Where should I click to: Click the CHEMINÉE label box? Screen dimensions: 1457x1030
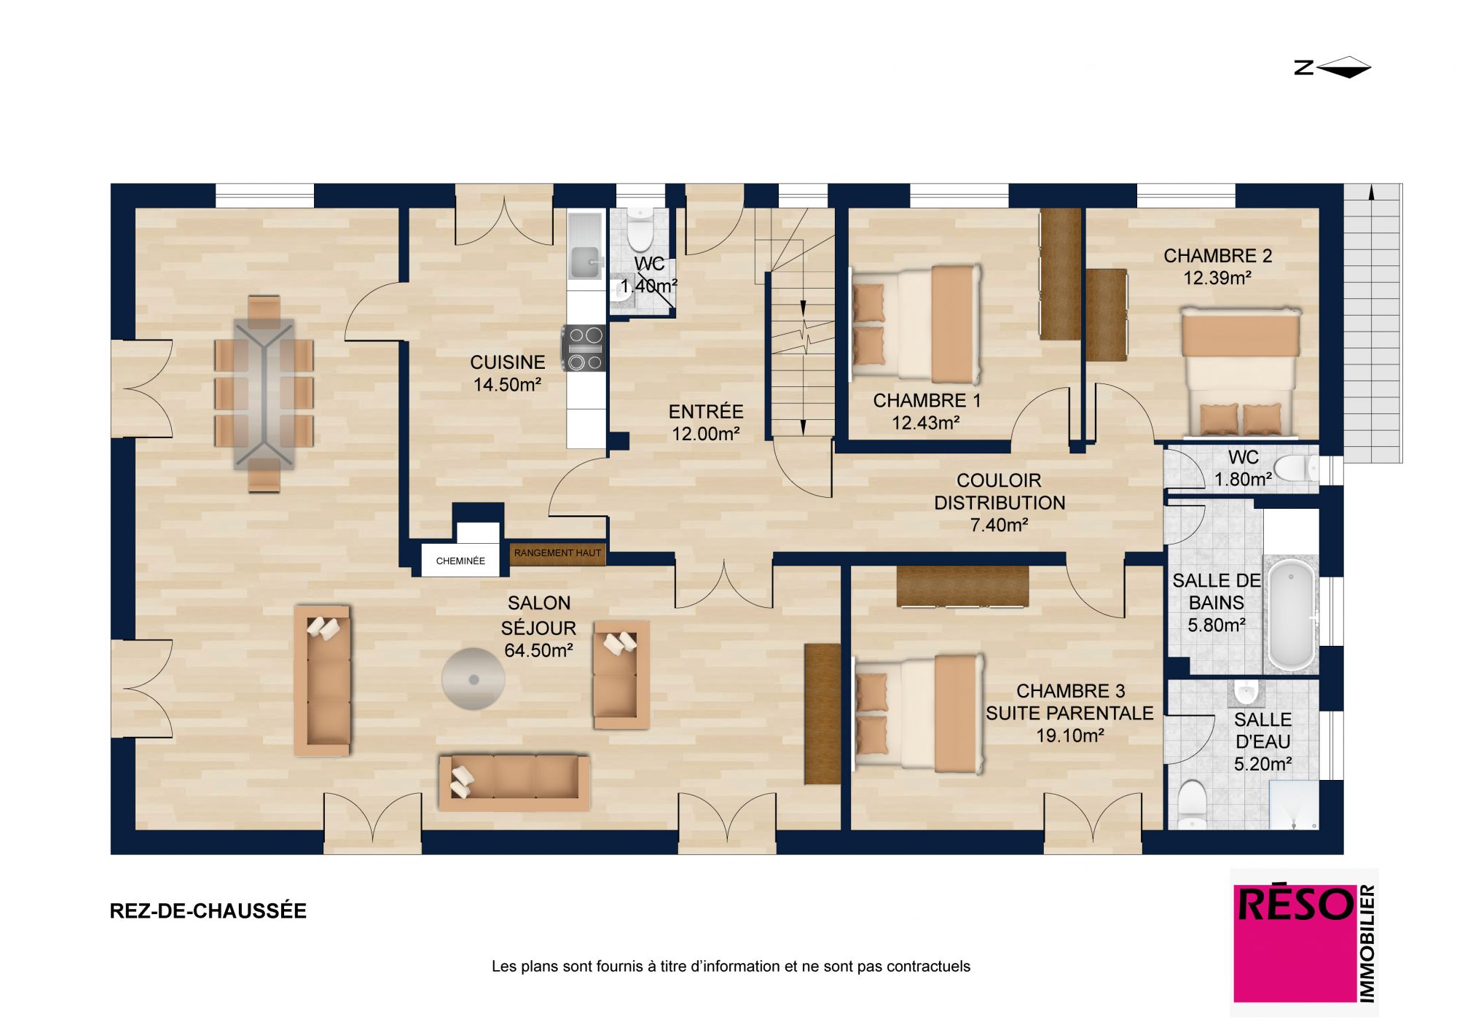(460, 561)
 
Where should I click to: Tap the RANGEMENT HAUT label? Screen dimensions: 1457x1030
(557, 553)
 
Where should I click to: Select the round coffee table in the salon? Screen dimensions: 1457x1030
(474, 679)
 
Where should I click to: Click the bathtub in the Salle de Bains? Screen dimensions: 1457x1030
(1292, 616)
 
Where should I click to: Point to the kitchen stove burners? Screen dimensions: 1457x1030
(585, 348)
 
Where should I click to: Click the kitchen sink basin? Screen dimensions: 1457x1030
(584, 262)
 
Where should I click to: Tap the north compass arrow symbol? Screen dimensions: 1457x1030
(1343, 68)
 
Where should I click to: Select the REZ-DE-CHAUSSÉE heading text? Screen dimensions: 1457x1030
(208, 911)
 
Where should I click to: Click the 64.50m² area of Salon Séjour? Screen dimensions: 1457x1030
(538, 650)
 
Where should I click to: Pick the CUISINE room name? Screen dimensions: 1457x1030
(508, 362)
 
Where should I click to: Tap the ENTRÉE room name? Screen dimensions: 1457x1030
(706, 412)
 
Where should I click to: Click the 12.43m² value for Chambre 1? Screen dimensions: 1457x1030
(926, 423)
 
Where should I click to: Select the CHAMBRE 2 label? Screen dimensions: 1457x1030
(1217, 256)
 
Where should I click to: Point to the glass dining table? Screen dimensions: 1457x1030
(264, 394)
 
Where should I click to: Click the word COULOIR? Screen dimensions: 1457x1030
(999, 480)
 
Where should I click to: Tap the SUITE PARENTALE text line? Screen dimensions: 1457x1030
(1069, 713)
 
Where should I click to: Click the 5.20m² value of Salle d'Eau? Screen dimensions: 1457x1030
(1262, 764)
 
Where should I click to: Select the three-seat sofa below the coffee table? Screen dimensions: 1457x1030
(514, 783)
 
